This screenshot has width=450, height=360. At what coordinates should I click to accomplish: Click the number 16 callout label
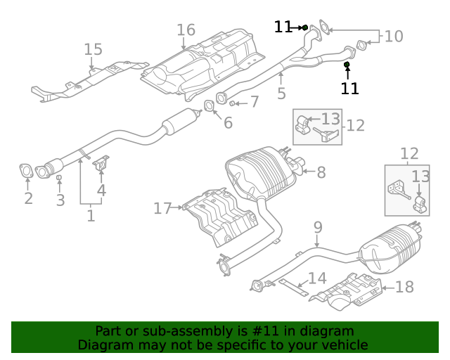click(186, 30)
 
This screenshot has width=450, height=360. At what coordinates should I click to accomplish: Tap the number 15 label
click(93, 49)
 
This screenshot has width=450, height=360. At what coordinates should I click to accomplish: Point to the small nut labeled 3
click(60, 179)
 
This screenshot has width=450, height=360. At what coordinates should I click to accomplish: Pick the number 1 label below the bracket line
click(91, 215)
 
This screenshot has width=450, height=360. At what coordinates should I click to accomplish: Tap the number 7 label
click(255, 102)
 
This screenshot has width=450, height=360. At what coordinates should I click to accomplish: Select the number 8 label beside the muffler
click(321, 172)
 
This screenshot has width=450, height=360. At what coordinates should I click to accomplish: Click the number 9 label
click(318, 227)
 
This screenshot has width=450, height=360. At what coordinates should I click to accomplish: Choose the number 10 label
click(394, 36)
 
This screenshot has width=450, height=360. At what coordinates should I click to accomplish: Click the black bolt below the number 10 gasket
click(347, 65)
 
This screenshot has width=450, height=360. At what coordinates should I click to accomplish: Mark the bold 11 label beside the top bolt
click(283, 27)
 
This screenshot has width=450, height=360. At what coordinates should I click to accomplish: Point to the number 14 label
click(317, 278)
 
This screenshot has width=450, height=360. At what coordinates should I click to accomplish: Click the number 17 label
click(162, 208)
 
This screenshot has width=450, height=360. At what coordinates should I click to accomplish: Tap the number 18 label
click(404, 287)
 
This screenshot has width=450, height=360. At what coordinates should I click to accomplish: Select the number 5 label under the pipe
click(281, 93)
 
